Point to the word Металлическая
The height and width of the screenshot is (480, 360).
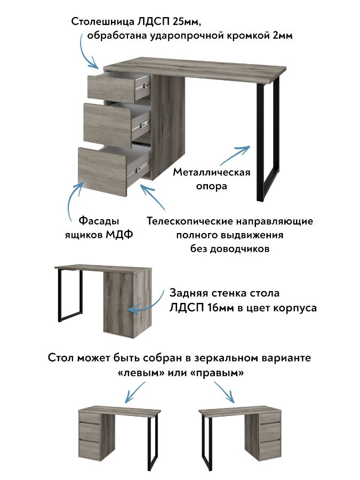212,173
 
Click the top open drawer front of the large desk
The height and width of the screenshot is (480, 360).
109,87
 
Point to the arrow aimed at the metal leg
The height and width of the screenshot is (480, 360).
235,155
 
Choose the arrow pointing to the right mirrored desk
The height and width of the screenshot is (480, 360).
226,392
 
